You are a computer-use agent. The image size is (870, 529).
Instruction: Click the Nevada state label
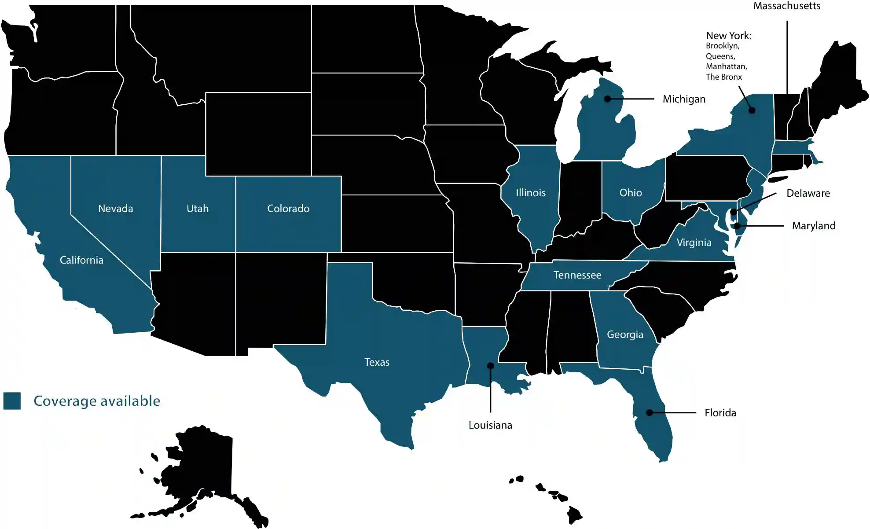115,209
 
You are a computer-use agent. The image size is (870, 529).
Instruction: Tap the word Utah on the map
198,209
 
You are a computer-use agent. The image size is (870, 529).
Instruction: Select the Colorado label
288,209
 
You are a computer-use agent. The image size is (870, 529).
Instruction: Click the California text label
81,260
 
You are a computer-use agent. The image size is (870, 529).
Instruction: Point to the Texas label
377,362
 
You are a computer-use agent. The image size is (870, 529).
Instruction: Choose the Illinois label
530,193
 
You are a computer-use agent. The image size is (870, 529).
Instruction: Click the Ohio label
630,193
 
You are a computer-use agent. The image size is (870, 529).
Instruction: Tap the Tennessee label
577,275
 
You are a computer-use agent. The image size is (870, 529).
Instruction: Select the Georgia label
625,334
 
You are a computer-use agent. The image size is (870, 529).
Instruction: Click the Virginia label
694,242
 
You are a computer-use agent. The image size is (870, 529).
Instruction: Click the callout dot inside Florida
649,413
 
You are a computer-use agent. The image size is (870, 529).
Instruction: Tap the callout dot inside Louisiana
490,366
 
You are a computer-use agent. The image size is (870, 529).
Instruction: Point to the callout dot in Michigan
607,99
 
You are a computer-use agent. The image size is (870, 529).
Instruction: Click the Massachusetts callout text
786,6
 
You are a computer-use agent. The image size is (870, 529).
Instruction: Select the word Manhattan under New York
726,66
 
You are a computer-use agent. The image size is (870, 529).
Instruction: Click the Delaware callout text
808,193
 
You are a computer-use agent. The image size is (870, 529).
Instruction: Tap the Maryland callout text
813,226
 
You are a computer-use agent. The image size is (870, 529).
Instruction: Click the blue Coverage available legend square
12,401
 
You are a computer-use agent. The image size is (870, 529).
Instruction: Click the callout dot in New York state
752,110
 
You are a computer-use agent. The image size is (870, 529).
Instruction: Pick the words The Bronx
723,77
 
